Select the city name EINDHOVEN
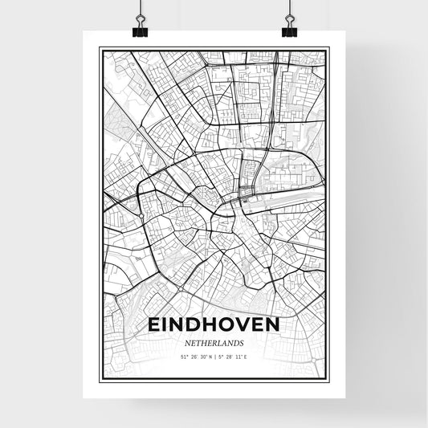coord(214,324)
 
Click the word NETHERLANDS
coord(214,341)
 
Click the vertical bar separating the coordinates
coord(214,356)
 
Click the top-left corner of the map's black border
coord(100,49)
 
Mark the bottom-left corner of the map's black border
coord(100,378)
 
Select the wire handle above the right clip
coord(288,12)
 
